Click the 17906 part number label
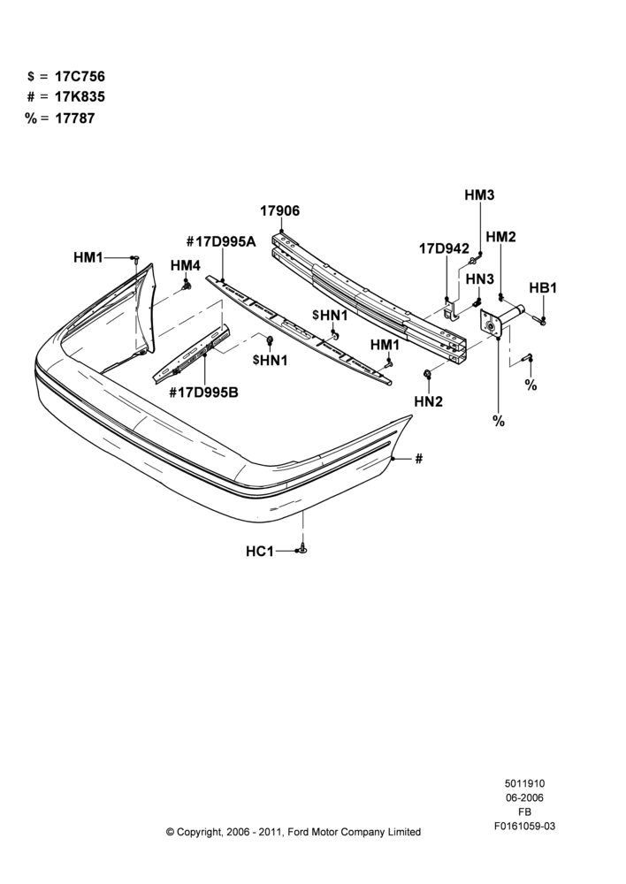(279, 211)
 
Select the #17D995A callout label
(221, 242)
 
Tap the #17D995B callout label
(203, 392)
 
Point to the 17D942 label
(444, 248)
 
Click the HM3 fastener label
(479, 195)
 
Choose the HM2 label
(500, 237)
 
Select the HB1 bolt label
(543, 288)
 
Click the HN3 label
(480, 278)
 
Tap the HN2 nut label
(429, 401)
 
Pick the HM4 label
(186, 265)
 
